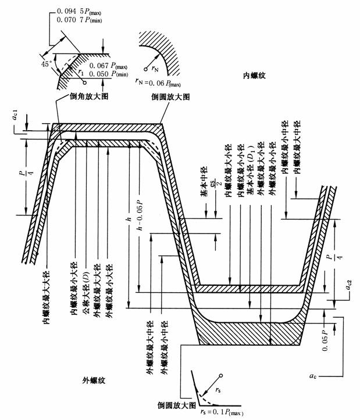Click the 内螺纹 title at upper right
coord(255,76)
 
